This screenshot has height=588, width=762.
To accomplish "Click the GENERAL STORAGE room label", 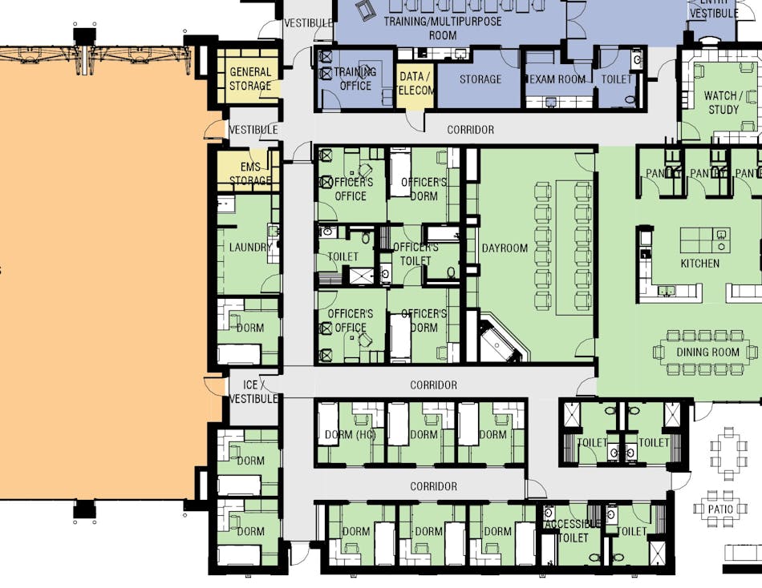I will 250,79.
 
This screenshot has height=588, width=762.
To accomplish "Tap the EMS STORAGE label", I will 250,174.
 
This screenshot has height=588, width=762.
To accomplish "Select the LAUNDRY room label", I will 249,248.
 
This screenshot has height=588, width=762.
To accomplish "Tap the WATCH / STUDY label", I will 721,103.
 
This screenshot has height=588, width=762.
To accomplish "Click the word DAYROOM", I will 505,248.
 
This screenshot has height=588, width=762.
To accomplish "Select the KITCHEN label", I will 700,264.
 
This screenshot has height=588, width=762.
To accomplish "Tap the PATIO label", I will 720,508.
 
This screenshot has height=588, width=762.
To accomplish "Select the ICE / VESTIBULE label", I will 253,392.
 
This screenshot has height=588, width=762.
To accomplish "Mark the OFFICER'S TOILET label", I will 415,253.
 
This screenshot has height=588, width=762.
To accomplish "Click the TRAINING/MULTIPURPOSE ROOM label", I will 443,28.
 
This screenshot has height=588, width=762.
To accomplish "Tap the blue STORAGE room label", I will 480,79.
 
